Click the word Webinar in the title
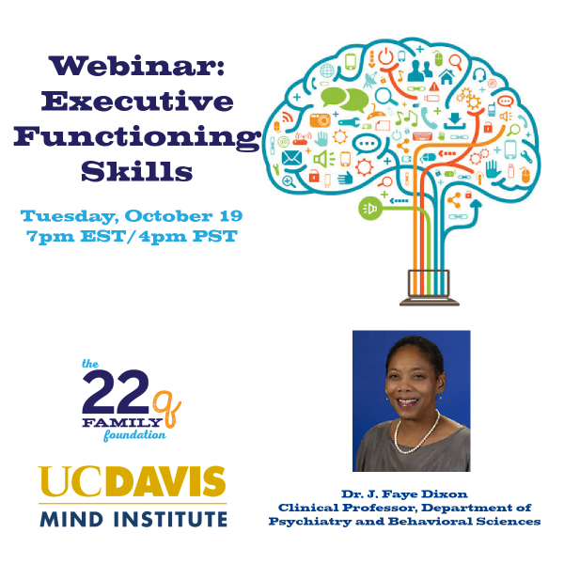click(x=133, y=66)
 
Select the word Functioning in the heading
click(x=137, y=137)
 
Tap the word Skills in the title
click(x=136, y=170)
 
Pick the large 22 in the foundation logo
click(x=116, y=392)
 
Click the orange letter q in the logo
click(x=167, y=409)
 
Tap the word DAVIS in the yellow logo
click(x=165, y=481)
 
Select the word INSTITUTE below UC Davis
click(x=170, y=520)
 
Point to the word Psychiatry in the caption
click(x=309, y=522)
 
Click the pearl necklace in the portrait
click(x=417, y=433)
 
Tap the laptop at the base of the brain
click(x=430, y=288)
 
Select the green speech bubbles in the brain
click(x=344, y=99)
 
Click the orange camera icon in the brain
click(x=320, y=120)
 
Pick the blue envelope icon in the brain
click(x=291, y=158)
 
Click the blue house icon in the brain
click(x=446, y=77)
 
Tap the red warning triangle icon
click(x=434, y=86)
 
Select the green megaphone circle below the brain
click(x=370, y=209)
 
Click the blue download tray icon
click(x=455, y=121)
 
